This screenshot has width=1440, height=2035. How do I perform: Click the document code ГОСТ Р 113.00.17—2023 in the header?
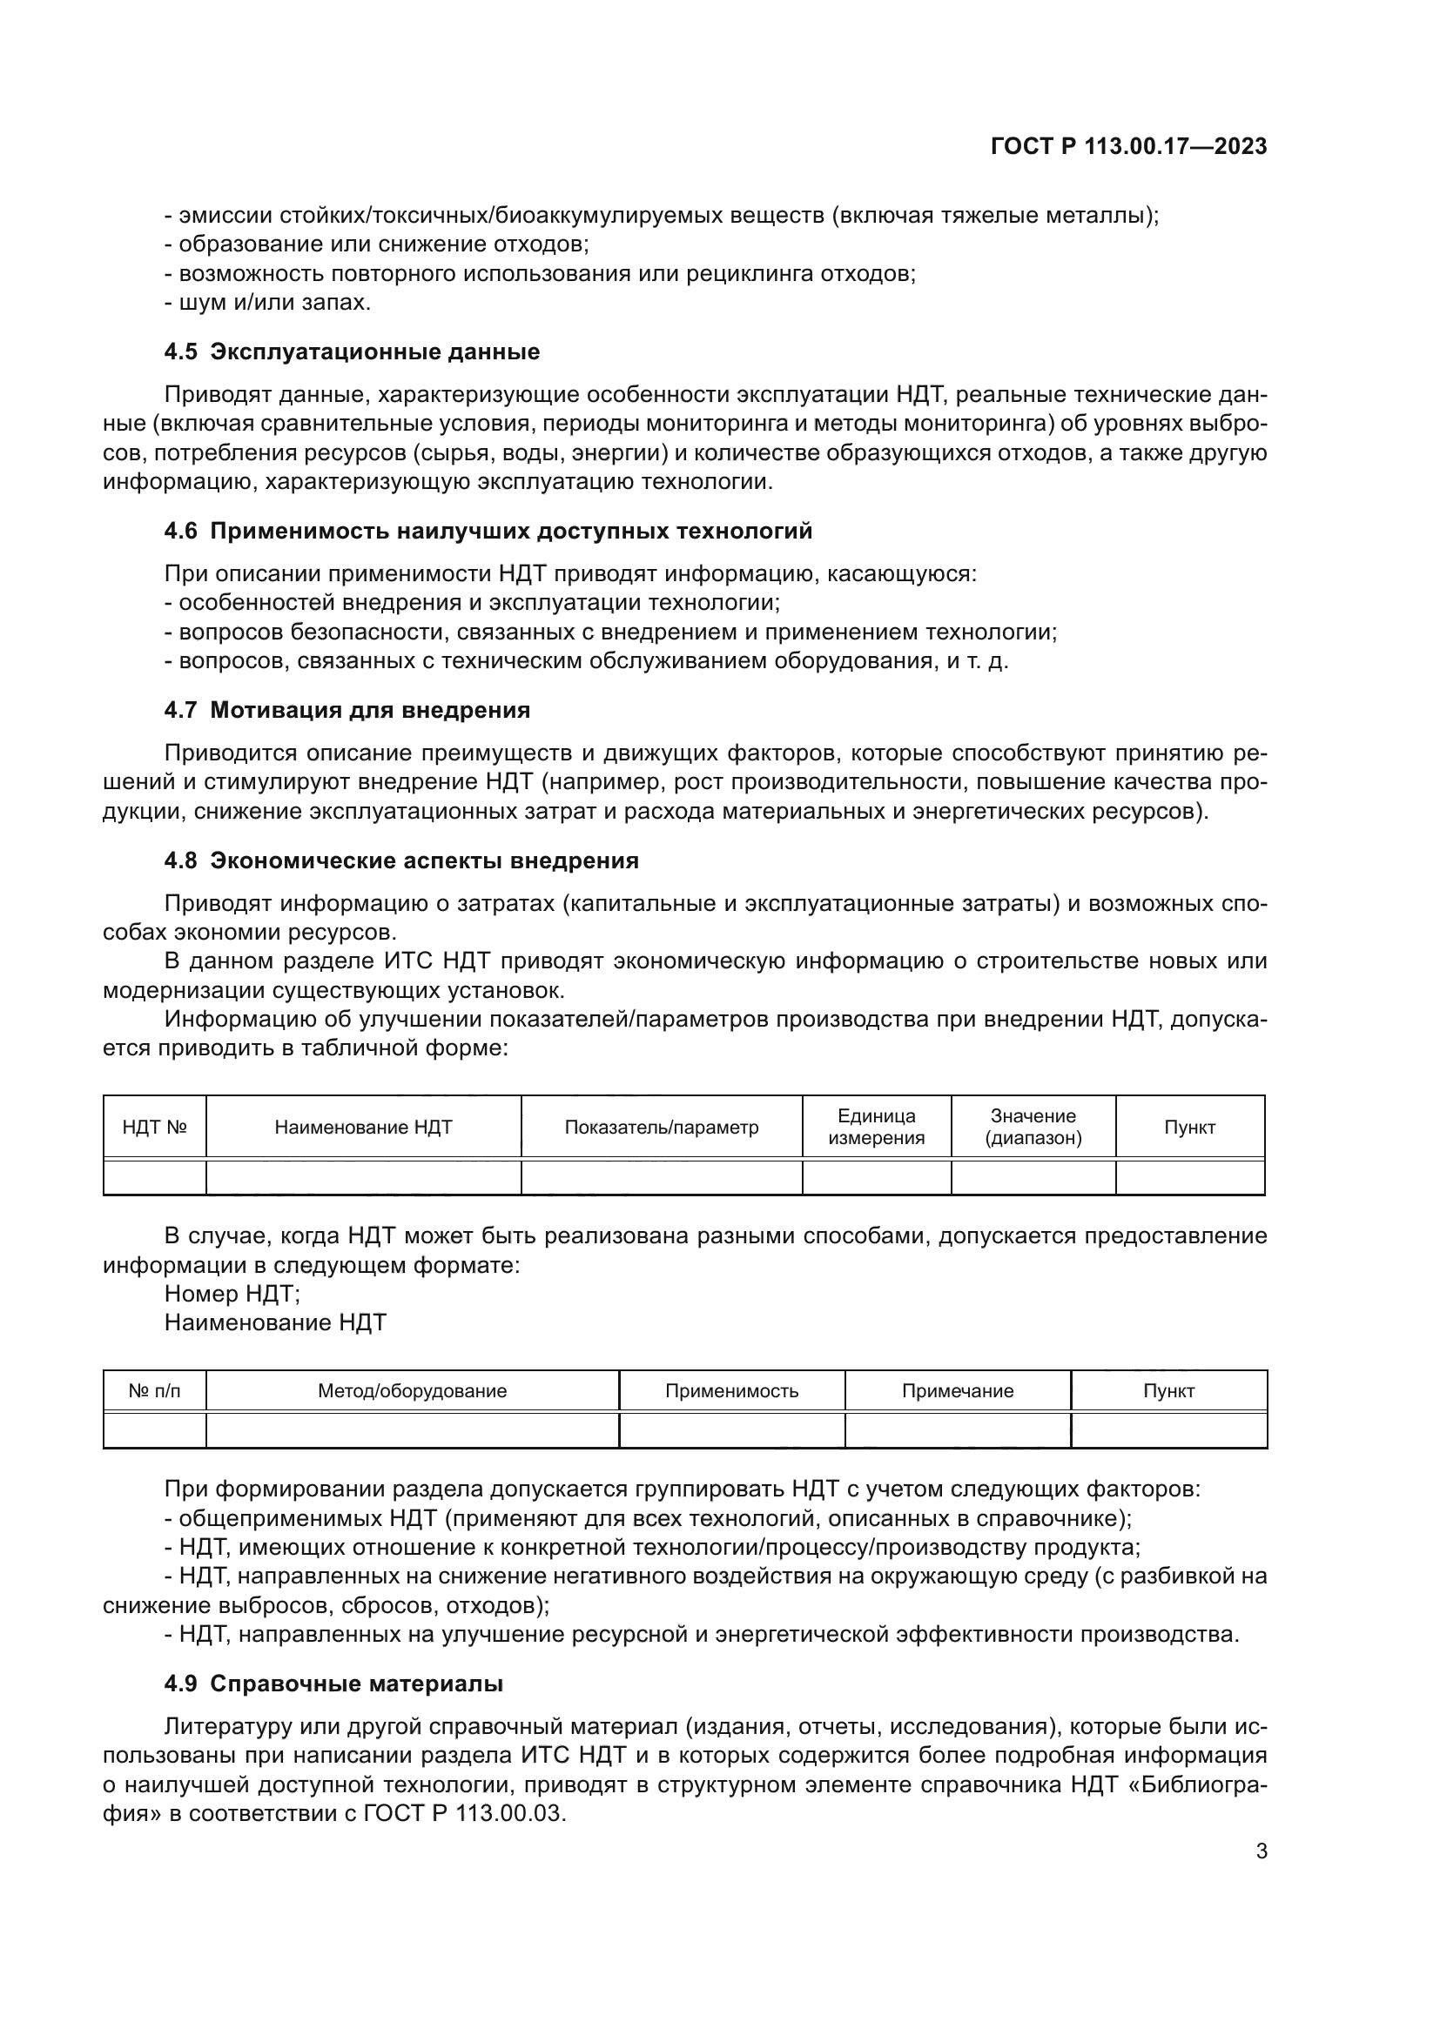coord(1127,146)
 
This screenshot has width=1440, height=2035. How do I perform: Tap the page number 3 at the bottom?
coord(1261,1851)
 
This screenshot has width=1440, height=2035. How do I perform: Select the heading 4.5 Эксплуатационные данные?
coord(351,351)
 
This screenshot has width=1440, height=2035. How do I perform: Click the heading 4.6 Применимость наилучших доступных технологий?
coord(488,531)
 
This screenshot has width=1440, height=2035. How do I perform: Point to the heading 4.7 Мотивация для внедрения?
coord(347,710)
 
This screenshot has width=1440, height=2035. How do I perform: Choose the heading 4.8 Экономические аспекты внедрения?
coord(400,860)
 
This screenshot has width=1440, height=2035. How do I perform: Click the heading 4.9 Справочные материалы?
coord(333,1684)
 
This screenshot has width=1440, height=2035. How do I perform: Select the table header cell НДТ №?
coord(154,1128)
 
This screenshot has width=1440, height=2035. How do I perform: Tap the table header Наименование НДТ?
coord(364,1128)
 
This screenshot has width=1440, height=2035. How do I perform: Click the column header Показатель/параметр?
coord(662,1128)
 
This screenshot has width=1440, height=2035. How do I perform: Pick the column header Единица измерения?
coord(876,1128)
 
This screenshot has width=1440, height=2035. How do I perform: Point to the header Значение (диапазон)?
coord(1033,1128)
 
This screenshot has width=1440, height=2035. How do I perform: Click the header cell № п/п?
coord(154,1390)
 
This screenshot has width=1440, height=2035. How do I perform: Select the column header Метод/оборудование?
coord(413,1390)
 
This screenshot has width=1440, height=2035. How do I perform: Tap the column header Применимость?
coord(731,1390)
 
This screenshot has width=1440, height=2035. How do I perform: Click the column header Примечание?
coord(958,1390)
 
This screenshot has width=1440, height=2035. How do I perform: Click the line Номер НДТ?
coord(232,1294)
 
